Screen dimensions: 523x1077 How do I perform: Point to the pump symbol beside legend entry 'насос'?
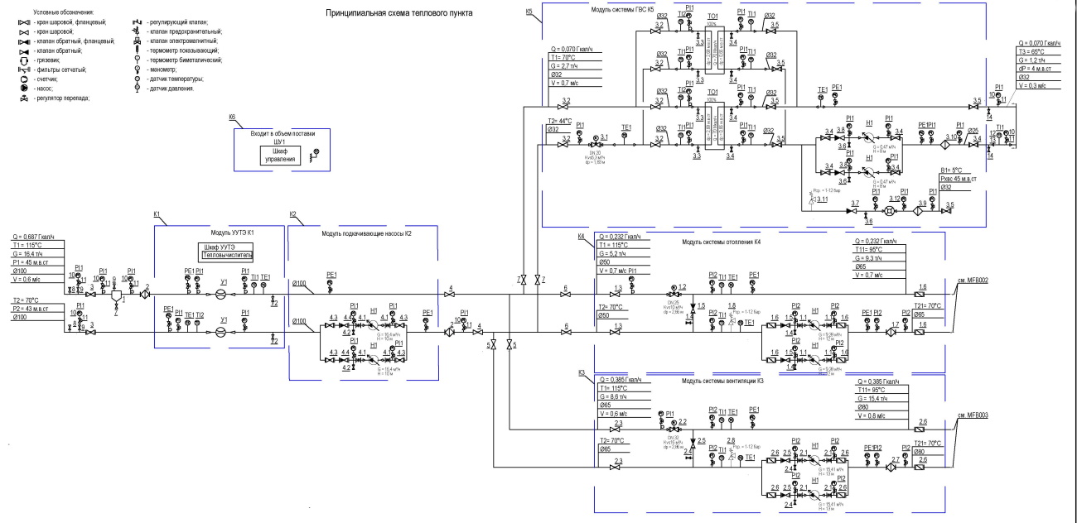pyautogui.click(x=24, y=87)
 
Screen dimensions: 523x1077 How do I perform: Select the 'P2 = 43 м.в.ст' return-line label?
pyautogui.click(x=36, y=309)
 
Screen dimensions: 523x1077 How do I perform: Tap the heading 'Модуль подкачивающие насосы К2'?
pyautogui.click(x=366, y=233)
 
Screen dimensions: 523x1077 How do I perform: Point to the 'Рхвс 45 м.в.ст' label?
pyautogui.click(x=959, y=179)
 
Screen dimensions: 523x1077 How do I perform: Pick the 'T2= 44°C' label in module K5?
pyautogui.click(x=563, y=121)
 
